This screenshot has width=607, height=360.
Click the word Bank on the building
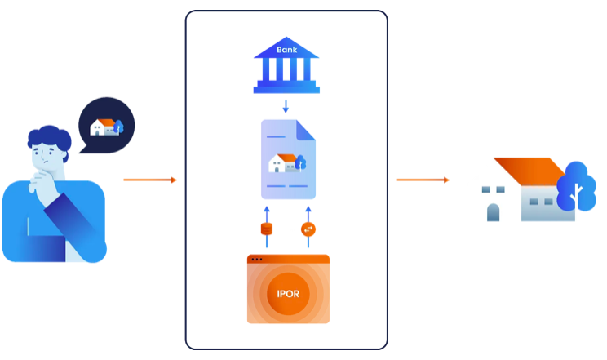(x=286, y=49)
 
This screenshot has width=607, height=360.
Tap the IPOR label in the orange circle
(x=287, y=293)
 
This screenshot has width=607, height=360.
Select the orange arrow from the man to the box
(x=149, y=180)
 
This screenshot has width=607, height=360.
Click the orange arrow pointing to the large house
(x=422, y=180)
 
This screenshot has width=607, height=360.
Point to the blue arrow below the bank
(x=286, y=106)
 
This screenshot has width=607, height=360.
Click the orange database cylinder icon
(x=266, y=229)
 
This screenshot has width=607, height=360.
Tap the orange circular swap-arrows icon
(x=308, y=229)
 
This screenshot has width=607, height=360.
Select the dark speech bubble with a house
(x=106, y=127)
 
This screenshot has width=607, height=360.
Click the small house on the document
(x=283, y=162)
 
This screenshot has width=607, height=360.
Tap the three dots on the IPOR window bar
(x=257, y=260)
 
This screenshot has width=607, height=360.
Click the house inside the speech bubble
(x=103, y=127)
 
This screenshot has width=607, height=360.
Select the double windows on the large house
(x=493, y=190)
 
